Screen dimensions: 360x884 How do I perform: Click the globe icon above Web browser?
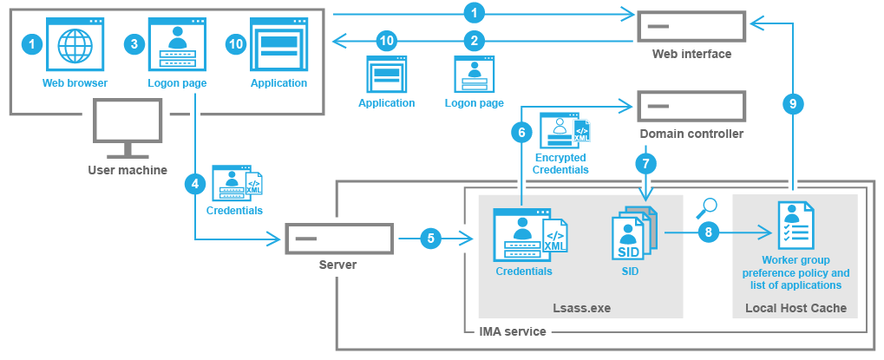(x=75, y=46)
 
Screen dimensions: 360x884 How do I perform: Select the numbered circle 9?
(x=791, y=103)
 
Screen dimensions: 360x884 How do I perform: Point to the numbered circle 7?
(x=644, y=161)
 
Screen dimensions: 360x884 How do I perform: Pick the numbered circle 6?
(x=521, y=133)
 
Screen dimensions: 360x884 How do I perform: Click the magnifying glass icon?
(x=708, y=206)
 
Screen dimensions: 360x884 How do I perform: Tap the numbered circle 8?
(x=709, y=232)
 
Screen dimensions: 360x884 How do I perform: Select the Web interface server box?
(x=691, y=26)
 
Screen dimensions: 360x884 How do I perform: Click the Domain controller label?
(x=691, y=134)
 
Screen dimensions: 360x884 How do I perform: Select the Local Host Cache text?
(x=796, y=308)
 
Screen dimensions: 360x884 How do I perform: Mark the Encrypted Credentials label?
(x=560, y=164)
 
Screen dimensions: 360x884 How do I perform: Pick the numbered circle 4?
(x=195, y=184)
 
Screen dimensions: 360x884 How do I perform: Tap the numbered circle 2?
(x=474, y=40)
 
